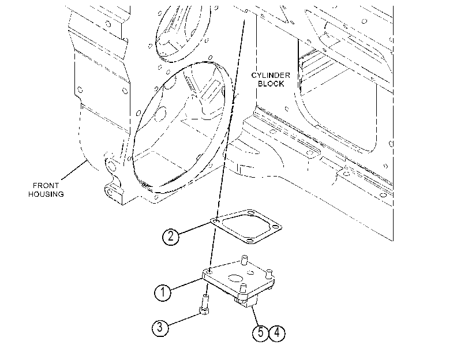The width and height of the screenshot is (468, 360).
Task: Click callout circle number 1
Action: point(163,292)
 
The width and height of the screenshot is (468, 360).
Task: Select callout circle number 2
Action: point(171,237)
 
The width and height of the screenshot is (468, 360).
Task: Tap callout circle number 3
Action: point(160,327)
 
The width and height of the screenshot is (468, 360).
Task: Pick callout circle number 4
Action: point(277,332)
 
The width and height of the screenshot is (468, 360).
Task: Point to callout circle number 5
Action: point(261,332)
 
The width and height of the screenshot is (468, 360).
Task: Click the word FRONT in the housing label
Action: point(46,185)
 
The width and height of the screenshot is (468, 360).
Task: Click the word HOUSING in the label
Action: point(46,194)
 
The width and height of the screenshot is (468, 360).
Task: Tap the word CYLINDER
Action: point(271,75)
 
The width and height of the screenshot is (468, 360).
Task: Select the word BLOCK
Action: point(271,84)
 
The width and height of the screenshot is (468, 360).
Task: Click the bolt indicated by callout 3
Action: point(204,304)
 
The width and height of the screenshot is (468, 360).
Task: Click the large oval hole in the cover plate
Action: point(235,278)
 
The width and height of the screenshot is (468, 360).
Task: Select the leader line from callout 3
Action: point(184,318)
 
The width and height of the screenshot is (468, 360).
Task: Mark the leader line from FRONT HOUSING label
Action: point(74,170)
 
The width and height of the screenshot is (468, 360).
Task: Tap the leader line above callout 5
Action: point(255,316)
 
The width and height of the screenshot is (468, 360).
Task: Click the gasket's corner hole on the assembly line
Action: point(216,222)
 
